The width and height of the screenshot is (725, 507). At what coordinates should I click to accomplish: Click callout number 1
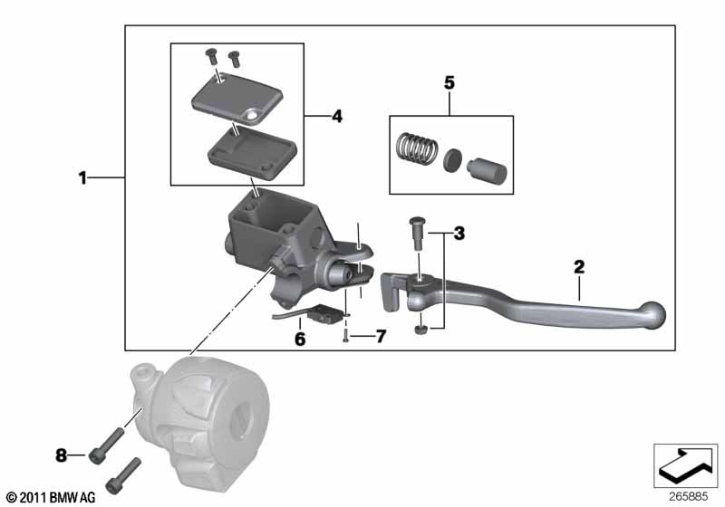click(82, 177)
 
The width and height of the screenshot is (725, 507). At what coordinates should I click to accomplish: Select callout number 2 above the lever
click(579, 267)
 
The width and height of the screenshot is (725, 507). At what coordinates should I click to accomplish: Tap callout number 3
click(459, 234)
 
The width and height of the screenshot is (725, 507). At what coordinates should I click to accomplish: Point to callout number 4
click(337, 117)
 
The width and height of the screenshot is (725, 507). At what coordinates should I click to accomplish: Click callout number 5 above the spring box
click(449, 83)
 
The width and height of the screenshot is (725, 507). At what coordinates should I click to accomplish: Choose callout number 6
click(300, 340)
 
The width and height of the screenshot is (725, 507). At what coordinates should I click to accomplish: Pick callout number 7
click(381, 336)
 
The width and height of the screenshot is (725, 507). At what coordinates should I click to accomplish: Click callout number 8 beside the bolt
click(61, 455)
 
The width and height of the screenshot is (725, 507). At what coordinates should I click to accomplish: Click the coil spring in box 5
click(417, 148)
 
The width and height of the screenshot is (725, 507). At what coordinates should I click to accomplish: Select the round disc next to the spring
click(452, 160)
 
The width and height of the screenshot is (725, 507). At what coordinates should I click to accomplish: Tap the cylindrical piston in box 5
click(488, 169)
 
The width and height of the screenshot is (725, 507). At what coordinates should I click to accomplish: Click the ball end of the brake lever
click(652, 315)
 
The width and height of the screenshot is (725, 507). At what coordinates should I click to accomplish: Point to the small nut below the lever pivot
click(420, 330)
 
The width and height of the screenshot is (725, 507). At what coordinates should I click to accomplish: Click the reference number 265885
click(689, 497)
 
